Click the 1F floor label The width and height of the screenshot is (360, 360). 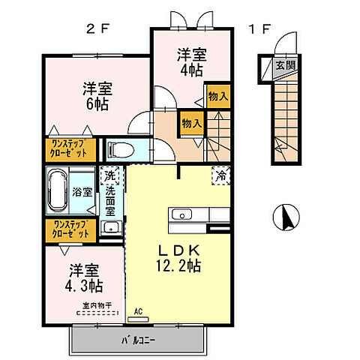point(259,31)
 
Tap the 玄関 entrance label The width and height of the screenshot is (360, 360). point(284,65)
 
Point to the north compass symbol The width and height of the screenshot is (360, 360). point(284,217)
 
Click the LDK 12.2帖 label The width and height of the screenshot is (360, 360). point(178,256)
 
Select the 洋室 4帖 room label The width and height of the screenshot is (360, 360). point(190,61)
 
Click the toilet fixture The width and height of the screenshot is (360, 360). point(121,149)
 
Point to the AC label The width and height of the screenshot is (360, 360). point(137,310)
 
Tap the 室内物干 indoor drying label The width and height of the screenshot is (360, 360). point(97,305)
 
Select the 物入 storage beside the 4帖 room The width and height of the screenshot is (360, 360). point(217,97)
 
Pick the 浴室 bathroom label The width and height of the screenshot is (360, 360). point(82,192)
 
